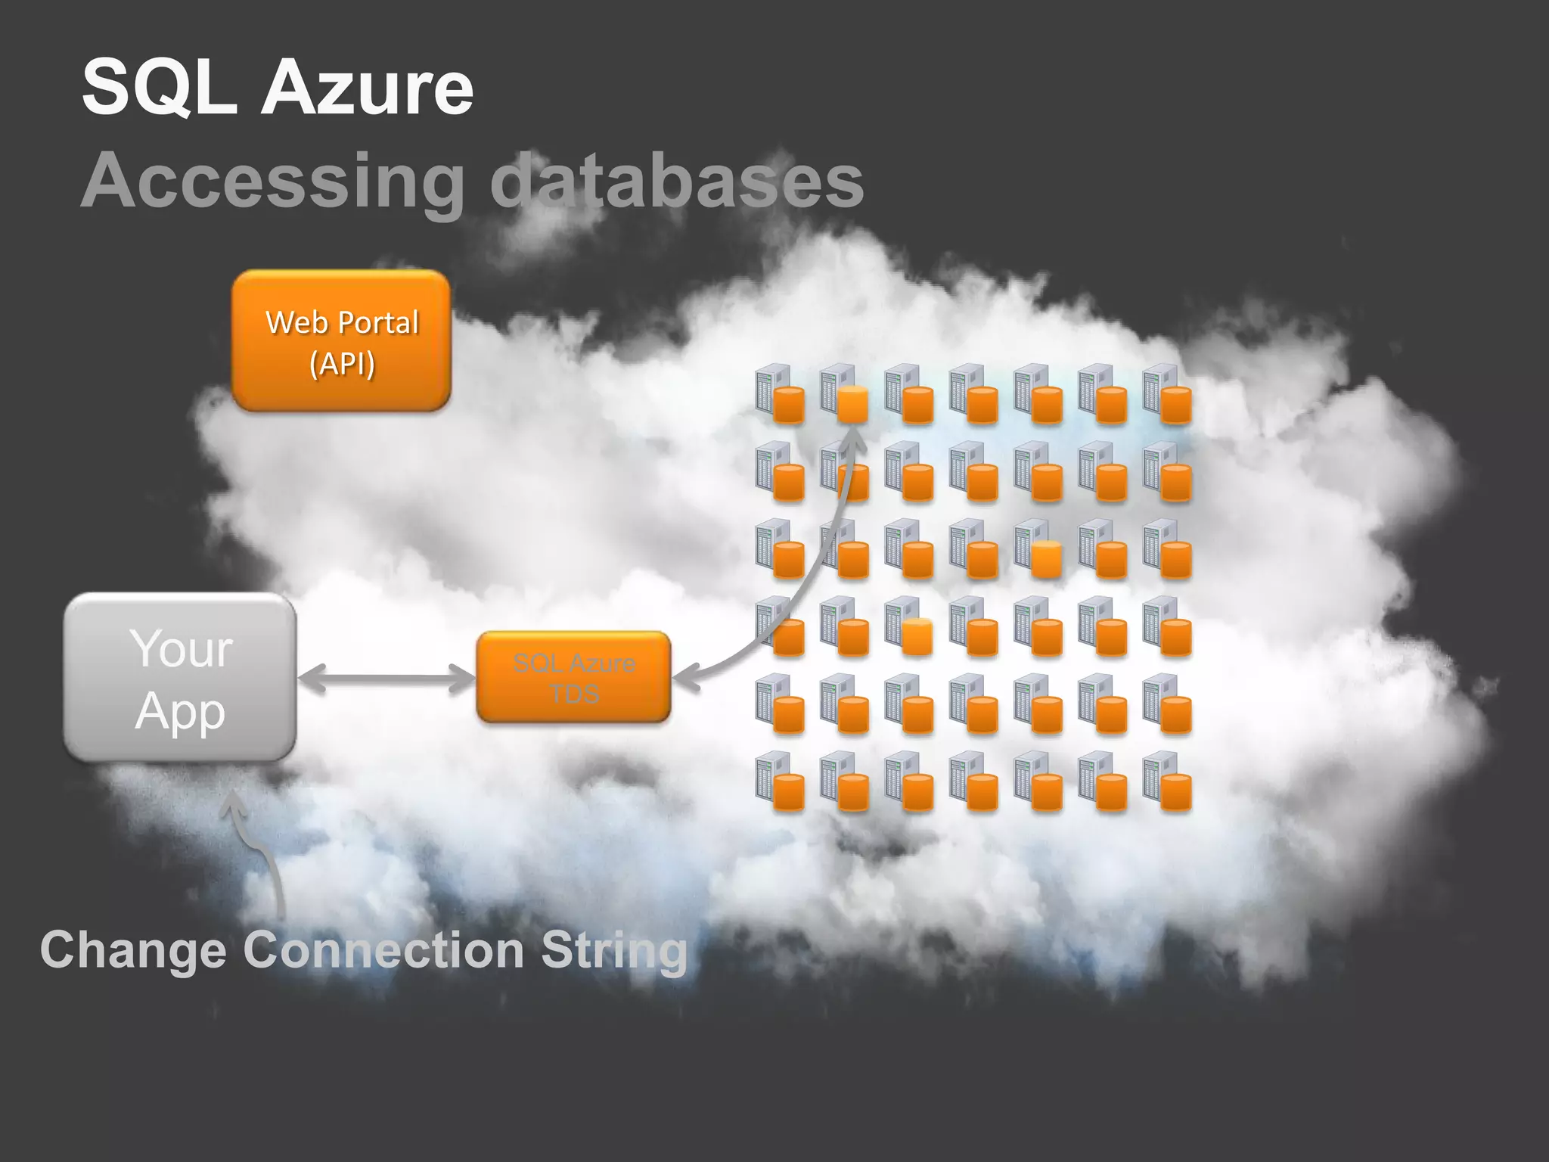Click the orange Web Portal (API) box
(x=341, y=341)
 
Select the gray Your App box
(x=180, y=677)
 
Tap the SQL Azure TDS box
(x=573, y=677)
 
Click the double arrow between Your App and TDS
(x=386, y=678)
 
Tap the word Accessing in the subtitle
(x=272, y=182)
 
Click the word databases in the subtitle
(x=677, y=182)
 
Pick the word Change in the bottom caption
(x=133, y=950)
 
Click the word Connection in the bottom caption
(x=383, y=950)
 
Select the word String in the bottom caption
(x=613, y=950)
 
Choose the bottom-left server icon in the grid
(x=779, y=781)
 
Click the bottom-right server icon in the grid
(x=1167, y=781)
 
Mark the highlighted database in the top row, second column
(x=852, y=403)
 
